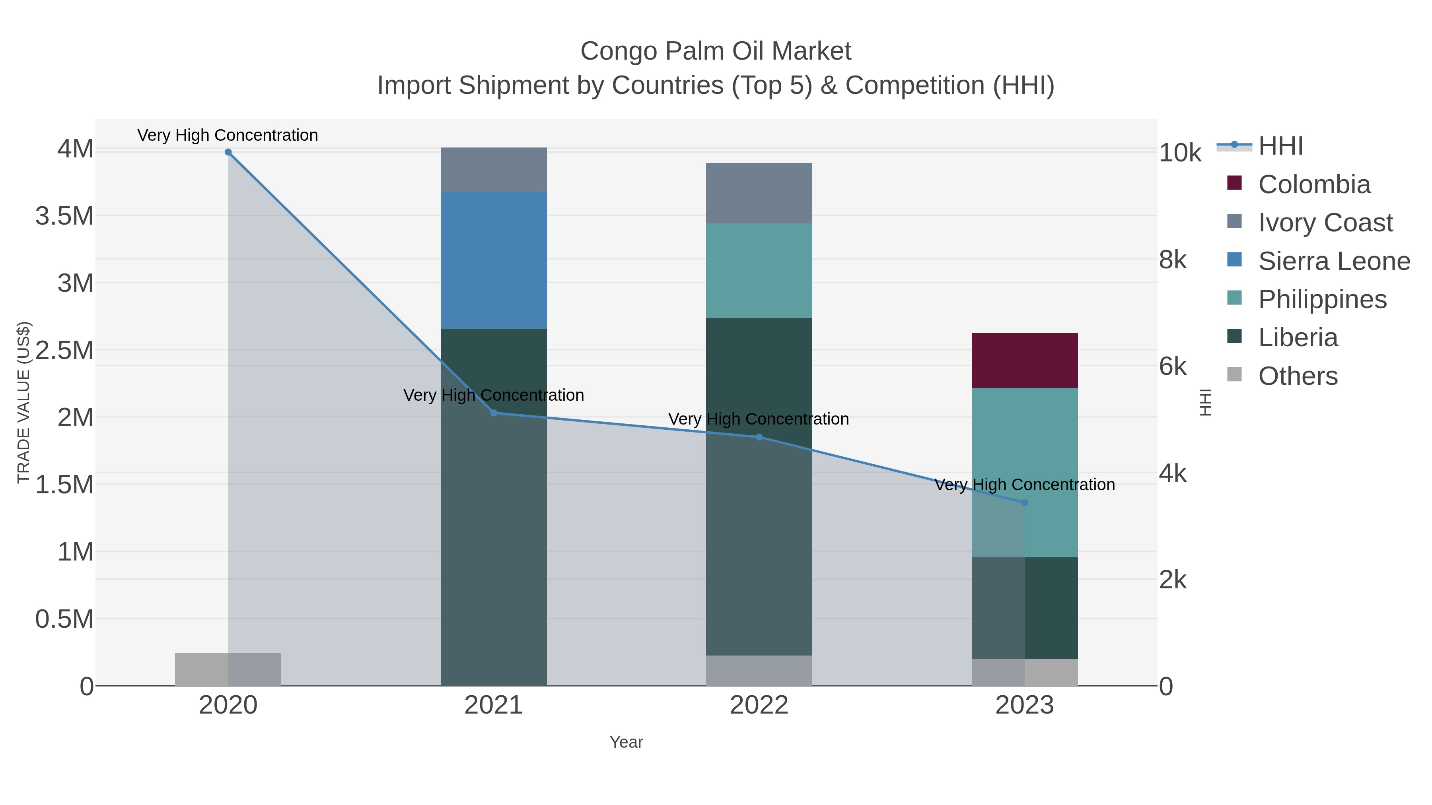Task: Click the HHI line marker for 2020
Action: pos(228,152)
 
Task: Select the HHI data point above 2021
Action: pos(494,413)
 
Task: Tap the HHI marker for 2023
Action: pos(1025,502)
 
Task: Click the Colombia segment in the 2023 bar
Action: pos(1025,360)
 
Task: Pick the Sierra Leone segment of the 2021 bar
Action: pos(494,260)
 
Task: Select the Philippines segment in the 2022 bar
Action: pos(759,271)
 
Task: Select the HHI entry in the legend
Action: pos(1280,146)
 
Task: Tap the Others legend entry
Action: pos(1298,376)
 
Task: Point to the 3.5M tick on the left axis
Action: pos(64,215)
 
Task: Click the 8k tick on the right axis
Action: pos(1173,260)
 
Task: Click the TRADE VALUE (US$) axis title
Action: pos(23,402)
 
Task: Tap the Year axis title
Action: pos(626,742)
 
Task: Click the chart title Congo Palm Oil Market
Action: pos(716,51)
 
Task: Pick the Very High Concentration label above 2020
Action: pos(228,135)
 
